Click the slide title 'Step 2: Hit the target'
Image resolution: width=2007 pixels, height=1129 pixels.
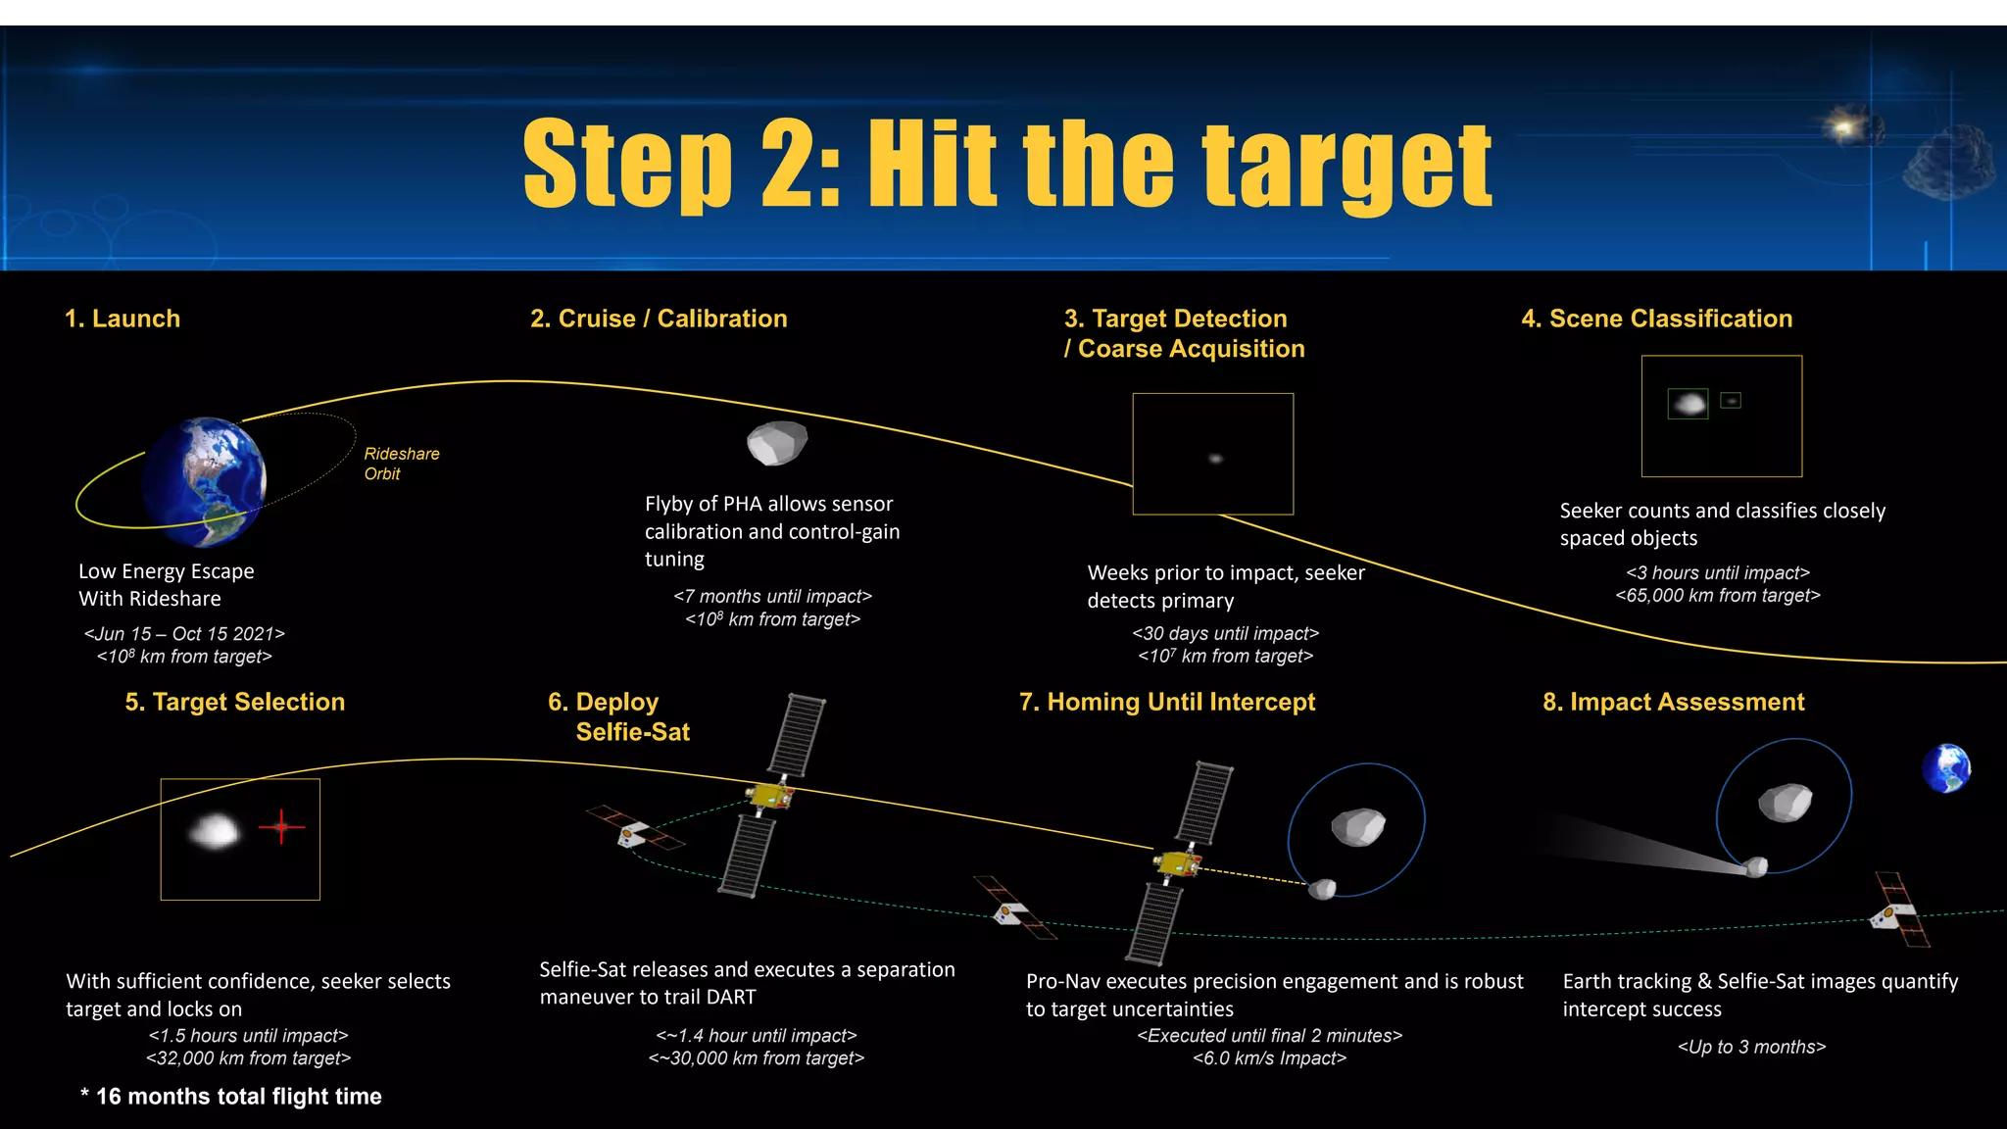coord(1007,164)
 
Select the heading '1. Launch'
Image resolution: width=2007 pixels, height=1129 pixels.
coord(122,319)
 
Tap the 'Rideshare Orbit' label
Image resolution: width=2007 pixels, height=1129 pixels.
coord(402,464)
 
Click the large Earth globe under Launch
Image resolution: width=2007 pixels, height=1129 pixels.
coord(204,481)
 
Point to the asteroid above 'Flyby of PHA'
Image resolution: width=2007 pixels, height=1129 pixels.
coord(777,443)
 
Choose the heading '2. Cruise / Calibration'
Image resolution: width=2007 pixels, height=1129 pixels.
coord(659,319)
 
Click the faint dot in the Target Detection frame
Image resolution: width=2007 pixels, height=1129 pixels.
coord(1215,458)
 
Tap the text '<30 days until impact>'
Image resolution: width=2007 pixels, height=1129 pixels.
coord(1226,633)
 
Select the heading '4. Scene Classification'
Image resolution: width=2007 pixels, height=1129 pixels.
coord(1656,319)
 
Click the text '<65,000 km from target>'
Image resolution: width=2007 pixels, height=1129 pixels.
coord(1718,595)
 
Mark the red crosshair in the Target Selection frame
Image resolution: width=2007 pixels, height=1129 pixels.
coord(281,827)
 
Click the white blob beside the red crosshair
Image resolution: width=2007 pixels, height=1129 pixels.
coord(214,832)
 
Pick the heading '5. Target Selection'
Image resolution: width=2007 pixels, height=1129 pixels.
coord(235,702)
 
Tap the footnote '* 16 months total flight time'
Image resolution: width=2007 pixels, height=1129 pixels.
coord(231,1097)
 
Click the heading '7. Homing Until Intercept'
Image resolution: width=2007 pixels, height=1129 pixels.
coord(1167,702)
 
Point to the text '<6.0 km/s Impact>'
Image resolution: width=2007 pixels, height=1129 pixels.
coord(1270,1058)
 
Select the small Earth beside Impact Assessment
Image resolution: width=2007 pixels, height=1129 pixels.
coord(1946,768)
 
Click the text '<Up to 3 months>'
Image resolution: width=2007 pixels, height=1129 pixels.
coord(1752,1047)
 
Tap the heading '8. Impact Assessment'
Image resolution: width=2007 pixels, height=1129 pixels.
coord(1674,702)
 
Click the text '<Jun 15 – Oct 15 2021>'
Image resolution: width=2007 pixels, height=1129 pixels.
coord(184,634)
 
